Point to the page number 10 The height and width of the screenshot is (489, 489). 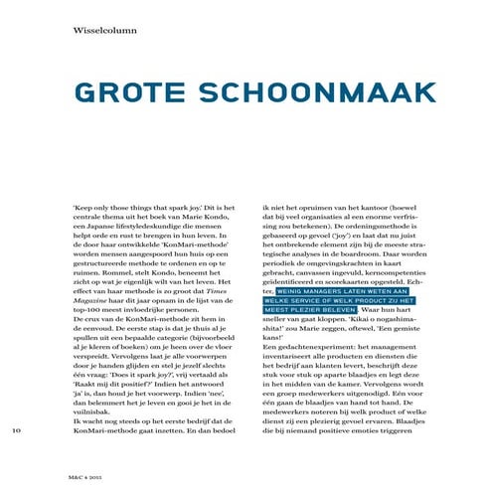(x=16, y=430)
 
